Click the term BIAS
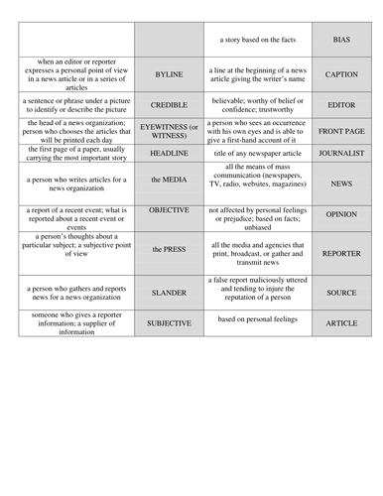(341, 39)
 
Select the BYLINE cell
(169, 74)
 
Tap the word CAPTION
(341, 74)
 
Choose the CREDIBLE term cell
(169, 104)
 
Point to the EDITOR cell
(341, 104)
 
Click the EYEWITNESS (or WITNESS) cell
(169, 132)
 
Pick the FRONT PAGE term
(341, 131)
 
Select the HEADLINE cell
(169, 154)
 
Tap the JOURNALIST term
(341, 154)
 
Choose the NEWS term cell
(341, 184)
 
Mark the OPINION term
(341, 213)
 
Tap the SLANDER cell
(169, 293)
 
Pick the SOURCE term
(341, 293)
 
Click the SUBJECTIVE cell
(169, 323)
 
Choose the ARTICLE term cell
(341, 323)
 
